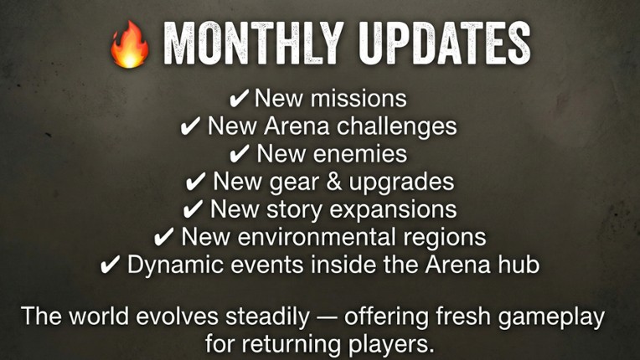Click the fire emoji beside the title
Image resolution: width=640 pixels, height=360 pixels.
coord(130,44)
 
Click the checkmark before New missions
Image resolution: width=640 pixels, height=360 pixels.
coord(239,99)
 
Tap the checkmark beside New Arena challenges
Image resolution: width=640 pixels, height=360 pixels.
coord(191,126)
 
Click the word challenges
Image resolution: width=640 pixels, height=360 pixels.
coord(399,126)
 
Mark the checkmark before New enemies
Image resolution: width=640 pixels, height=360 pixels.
coord(240,154)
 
